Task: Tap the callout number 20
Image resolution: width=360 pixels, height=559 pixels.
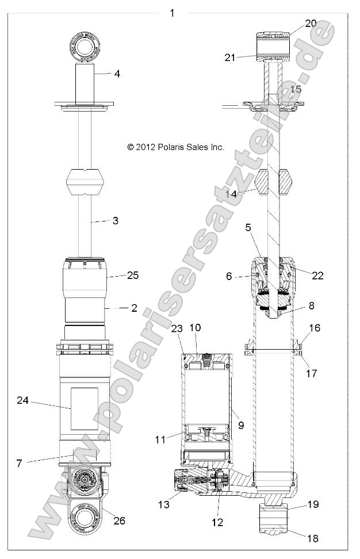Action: click(x=311, y=24)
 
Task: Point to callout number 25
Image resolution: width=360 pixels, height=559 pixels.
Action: click(x=133, y=275)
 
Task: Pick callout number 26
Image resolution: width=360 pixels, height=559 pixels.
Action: click(x=119, y=521)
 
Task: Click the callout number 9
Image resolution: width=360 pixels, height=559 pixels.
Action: click(x=240, y=425)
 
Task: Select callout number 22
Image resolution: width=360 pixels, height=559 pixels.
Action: click(x=317, y=275)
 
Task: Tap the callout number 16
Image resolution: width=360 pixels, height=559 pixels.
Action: click(x=315, y=343)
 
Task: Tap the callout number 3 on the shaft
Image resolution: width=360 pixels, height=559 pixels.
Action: click(x=115, y=220)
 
